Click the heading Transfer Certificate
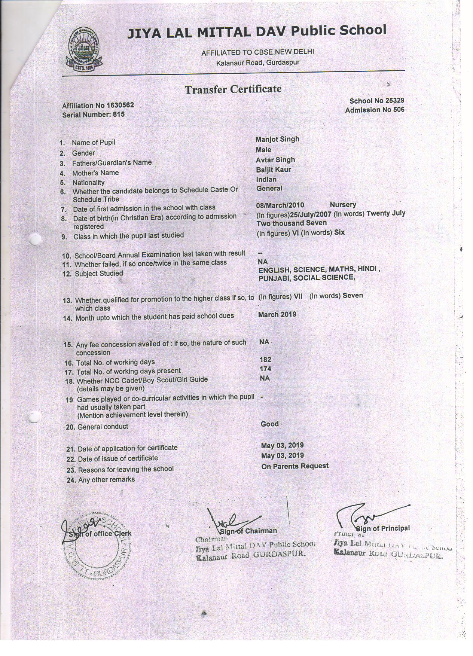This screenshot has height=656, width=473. [233, 89]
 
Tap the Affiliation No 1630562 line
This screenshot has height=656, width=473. [98, 106]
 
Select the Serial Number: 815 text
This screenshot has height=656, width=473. [93, 115]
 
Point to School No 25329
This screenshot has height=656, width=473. [376, 101]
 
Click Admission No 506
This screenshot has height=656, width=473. [375, 110]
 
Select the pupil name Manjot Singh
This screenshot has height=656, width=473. [277, 139]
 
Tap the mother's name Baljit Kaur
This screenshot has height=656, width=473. [274, 170]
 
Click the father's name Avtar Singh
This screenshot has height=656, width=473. [275, 160]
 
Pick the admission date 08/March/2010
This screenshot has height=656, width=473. [280, 205]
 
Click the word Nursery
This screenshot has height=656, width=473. [343, 205]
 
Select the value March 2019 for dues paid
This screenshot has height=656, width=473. [277, 315]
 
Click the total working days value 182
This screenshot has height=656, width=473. [265, 360]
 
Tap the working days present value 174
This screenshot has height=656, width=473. [265, 369]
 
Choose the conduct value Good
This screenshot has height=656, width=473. [269, 424]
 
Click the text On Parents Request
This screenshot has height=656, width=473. [295, 466]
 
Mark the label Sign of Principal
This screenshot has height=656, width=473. [382, 528]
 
